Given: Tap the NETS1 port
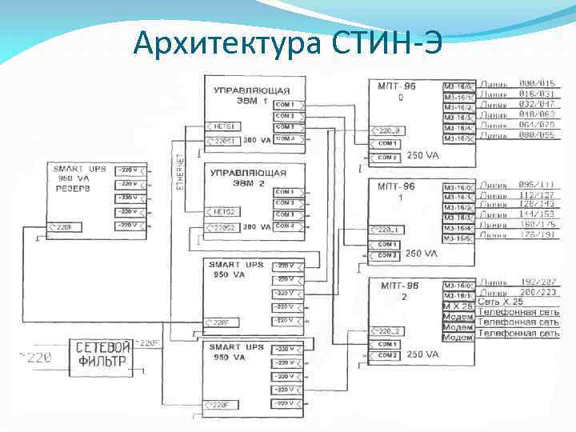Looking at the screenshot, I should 223,126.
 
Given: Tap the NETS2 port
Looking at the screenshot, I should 223,211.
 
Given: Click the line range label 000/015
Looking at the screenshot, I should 537,84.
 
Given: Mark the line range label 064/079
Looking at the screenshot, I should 537,126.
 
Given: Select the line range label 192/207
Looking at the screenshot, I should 537,283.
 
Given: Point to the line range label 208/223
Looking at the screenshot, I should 537,294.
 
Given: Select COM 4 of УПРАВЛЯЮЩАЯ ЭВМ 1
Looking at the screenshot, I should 286,138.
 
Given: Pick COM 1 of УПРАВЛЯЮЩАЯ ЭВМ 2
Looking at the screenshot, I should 286,192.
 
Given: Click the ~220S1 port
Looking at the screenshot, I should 223,141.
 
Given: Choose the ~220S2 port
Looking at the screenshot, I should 223,228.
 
